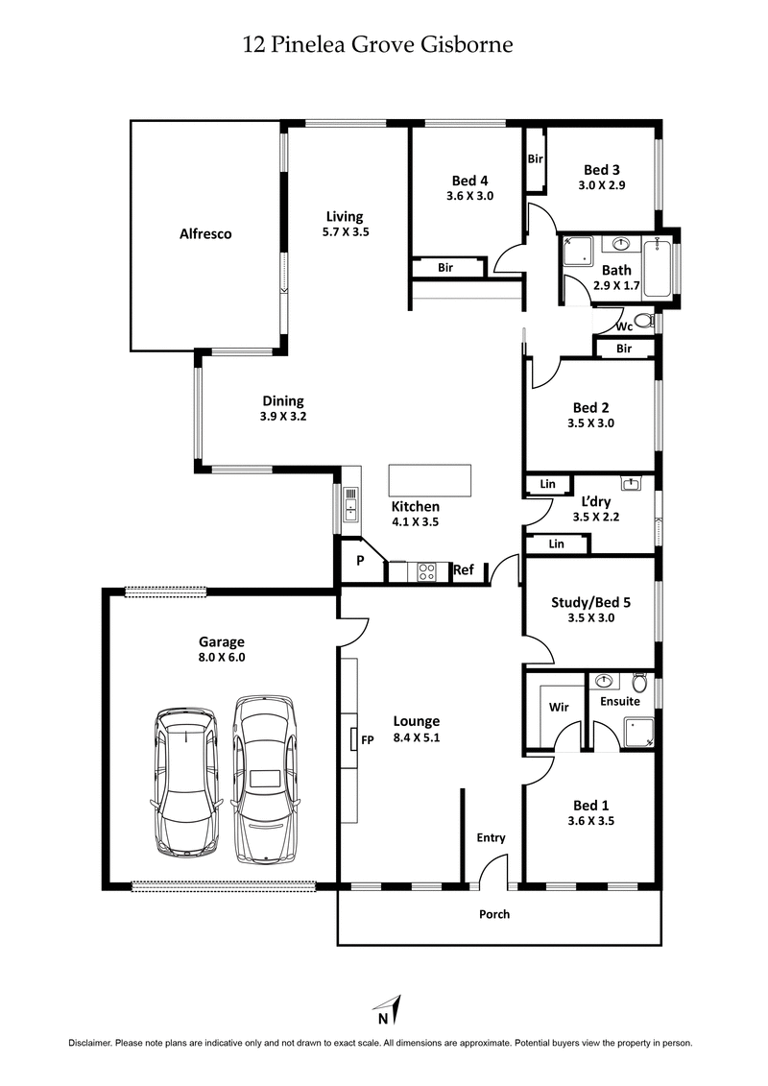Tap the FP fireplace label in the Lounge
(x=367, y=739)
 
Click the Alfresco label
(x=205, y=233)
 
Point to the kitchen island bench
(x=430, y=478)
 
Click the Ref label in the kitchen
(x=464, y=570)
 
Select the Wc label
(x=611, y=326)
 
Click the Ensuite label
(x=619, y=701)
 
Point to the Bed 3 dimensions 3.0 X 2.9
(x=602, y=185)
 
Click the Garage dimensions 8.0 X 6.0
(x=222, y=658)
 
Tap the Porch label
(x=494, y=914)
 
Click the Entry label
(x=491, y=837)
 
